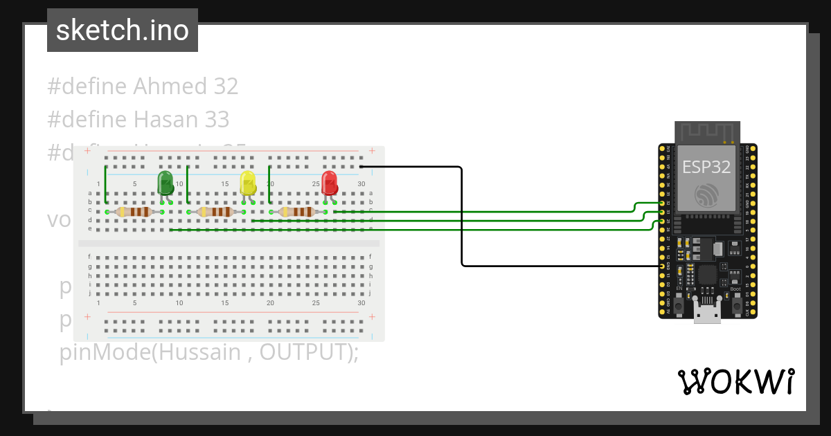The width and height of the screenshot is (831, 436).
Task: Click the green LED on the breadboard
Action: tap(166, 183)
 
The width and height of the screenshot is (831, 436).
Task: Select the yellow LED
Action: tap(247, 183)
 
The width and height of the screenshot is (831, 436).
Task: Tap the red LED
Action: tap(329, 183)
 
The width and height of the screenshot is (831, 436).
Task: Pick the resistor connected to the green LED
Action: tap(134, 212)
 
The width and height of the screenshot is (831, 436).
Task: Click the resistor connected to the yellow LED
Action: tap(215, 212)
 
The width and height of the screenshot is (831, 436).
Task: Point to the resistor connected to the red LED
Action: tap(296, 212)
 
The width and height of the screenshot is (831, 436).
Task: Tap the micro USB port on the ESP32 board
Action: tap(707, 314)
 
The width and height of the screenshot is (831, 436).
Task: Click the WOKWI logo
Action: tap(735, 381)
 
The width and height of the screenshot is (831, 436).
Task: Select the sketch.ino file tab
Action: tap(123, 30)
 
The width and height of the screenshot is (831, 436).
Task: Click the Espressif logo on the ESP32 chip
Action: tap(707, 194)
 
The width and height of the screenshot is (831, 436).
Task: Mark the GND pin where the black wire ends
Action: tap(663, 266)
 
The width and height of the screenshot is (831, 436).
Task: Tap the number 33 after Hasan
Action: tap(216, 120)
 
